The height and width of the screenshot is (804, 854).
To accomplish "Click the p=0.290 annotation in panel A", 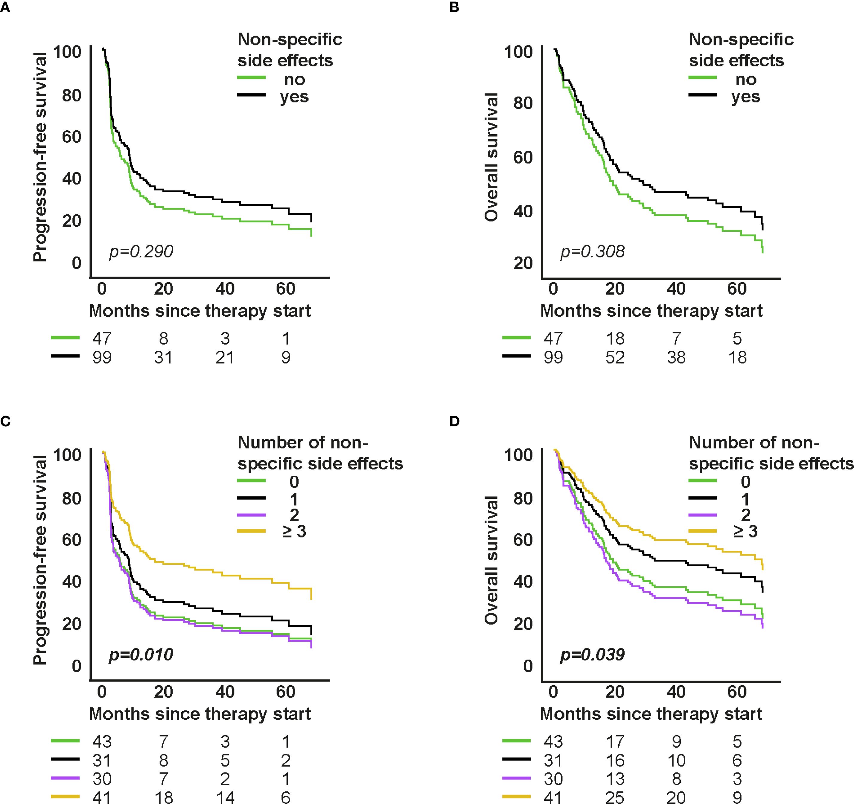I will [x=141, y=251].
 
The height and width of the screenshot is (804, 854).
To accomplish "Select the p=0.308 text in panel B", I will [x=592, y=251].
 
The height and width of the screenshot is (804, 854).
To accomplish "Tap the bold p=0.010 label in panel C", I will [x=141, y=655].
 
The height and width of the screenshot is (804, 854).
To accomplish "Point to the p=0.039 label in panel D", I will [x=592, y=655].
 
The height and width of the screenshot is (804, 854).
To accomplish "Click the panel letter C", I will [x=6, y=421].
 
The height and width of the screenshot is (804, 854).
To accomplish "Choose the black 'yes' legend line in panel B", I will [x=703, y=94].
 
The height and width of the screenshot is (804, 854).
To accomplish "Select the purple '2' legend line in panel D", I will [x=703, y=515].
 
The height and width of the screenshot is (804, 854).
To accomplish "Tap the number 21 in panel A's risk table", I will [x=225, y=357].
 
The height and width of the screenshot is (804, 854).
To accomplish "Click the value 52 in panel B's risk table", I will [x=615, y=357].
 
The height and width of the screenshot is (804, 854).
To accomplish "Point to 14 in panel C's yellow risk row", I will [x=225, y=797].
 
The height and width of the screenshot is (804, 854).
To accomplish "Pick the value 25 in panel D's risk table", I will [x=615, y=797].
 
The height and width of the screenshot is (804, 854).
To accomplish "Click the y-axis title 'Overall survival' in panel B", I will [x=491, y=157].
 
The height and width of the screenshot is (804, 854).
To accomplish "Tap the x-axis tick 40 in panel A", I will [x=225, y=289].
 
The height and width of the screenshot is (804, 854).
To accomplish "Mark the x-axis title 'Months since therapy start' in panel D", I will [x=651, y=714].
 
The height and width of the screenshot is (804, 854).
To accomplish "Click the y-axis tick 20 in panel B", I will [x=523, y=263].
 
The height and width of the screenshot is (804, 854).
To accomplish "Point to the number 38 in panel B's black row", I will [x=676, y=357].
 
